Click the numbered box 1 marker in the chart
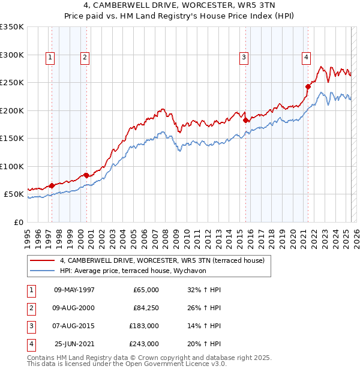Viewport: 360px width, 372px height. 49,58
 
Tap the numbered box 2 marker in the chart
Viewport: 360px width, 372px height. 85,58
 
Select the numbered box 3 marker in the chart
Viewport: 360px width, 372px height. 244,58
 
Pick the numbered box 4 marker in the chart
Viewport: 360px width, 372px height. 306,58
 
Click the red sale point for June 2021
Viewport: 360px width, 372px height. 308,86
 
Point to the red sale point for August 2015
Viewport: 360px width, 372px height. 246,120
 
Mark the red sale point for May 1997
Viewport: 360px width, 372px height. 52,185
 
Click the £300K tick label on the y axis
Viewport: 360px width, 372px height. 12,55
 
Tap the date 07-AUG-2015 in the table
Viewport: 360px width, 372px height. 74,326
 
